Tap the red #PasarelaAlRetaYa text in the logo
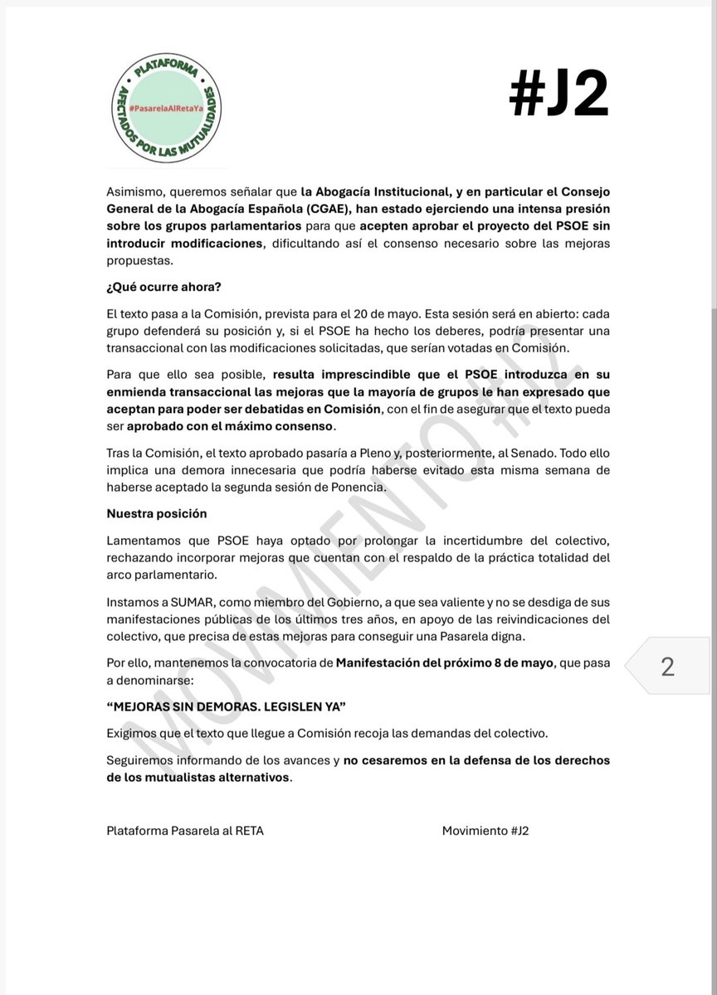pyautogui.click(x=170, y=109)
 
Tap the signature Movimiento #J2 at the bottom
pyautogui.click(x=485, y=830)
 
